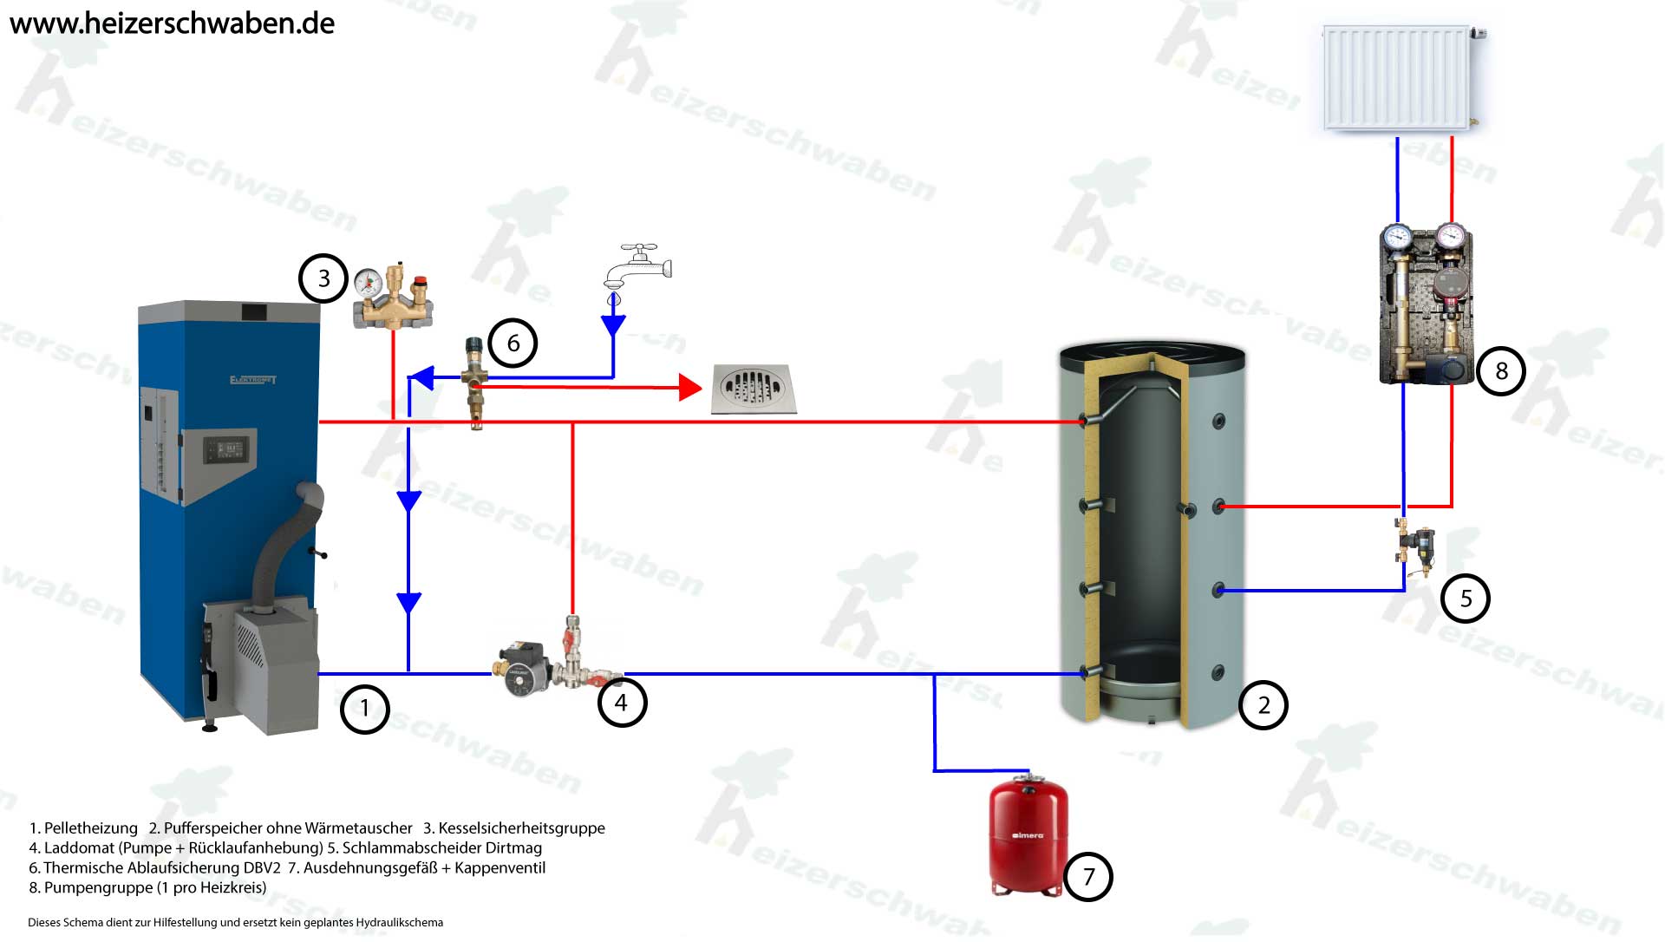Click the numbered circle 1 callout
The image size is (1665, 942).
coord(364,709)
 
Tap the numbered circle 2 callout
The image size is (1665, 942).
coord(1263,705)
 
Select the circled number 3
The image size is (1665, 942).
coord(323,278)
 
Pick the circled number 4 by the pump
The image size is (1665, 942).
coord(622,702)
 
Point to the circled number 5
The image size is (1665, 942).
coord(1466,599)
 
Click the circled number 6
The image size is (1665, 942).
coord(513,343)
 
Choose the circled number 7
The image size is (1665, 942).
coord(1087,876)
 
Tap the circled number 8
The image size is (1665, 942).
coord(1501,371)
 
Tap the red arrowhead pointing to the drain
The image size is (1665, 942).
coord(690,387)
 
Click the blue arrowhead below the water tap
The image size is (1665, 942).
coord(613,326)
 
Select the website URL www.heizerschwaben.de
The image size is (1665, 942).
coord(172,23)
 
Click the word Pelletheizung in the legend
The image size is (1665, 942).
coord(90,828)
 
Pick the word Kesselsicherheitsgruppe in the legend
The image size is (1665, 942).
coord(521,828)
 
